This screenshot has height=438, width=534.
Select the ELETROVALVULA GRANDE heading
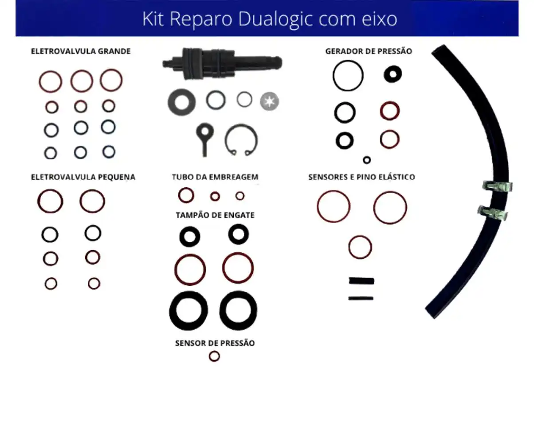pyautogui.click(x=81, y=51)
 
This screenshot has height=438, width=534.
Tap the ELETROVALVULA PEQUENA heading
pyautogui.click(x=83, y=177)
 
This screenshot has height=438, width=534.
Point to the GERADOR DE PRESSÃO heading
pyautogui.click(x=368, y=51)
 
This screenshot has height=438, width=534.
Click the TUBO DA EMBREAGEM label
pyautogui.click(x=215, y=177)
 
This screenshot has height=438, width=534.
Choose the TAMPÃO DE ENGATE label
pyautogui.click(x=215, y=215)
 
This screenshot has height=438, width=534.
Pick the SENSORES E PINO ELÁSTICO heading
pyautogui.click(x=361, y=177)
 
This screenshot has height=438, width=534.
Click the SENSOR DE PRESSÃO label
pyautogui.click(x=215, y=343)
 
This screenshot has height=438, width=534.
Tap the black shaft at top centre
pyautogui.click(x=222, y=63)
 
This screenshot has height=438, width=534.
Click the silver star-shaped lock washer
pyautogui.click(x=269, y=101)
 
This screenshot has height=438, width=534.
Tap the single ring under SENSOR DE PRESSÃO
pyautogui.click(x=214, y=356)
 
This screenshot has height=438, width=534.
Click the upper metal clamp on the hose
pyautogui.click(x=498, y=186)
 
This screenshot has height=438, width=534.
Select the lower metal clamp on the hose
pyautogui.click(x=493, y=213)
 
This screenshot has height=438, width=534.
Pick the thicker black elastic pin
pyautogui.click(x=361, y=281)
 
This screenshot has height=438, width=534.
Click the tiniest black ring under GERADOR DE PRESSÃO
pyautogui.click(x=367, y=160)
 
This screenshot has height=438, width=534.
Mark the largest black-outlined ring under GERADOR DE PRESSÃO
pyautogui.click(x=348, y=76)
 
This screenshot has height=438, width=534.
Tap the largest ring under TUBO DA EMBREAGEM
pyautogui.click(x=186, y=195)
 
